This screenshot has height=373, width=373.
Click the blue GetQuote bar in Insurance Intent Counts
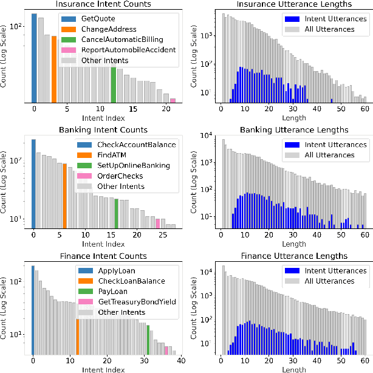point(34,58)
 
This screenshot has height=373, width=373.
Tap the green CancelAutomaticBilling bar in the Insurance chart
point(113,84)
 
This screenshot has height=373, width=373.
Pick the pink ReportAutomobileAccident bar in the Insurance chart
point(173,100)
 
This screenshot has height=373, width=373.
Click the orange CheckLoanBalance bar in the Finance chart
point(77,327)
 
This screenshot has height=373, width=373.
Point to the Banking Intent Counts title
point(103,129)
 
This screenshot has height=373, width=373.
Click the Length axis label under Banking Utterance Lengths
point(293,243)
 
